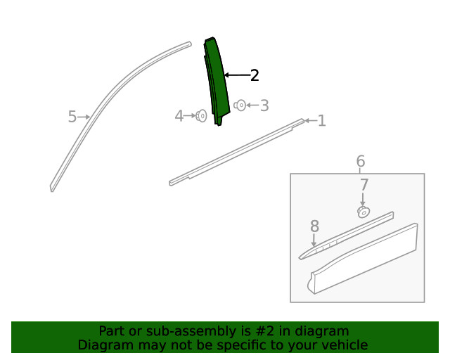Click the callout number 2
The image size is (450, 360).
[x=255, y=75]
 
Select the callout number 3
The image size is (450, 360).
[x=264, y=105]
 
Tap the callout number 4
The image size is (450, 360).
[x=179, y=116]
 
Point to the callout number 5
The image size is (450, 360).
[x=72, y=117]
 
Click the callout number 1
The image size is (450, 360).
[x=322, y=121]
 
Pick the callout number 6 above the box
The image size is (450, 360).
[x=361, y=161]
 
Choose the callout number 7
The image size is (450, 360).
[x=364, y=185]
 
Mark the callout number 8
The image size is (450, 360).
[x=314, y=226]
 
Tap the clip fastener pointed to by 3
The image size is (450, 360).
[x=240, y=105]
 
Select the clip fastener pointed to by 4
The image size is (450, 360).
[x=202, y=116]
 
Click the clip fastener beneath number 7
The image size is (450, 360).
[x=364, y=212]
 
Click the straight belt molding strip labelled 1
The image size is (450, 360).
[x=236, y=152]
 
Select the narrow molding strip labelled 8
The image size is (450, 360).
[x=346, y=236]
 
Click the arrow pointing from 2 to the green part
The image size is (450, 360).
[x=238, y=75]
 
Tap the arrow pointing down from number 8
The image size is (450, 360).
[x=314, y=240]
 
